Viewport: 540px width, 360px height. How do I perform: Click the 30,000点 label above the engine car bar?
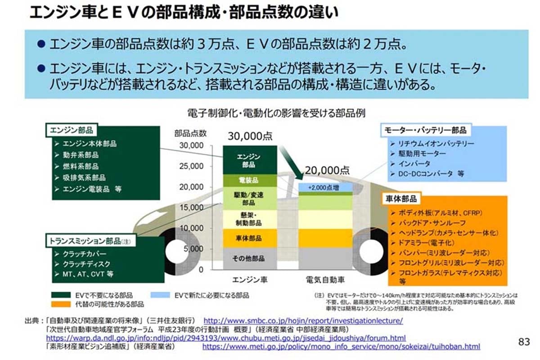pyautogui.click(x=250, y=136)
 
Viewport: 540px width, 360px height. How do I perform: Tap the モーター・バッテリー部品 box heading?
pyautogui.click(x=426, y=130)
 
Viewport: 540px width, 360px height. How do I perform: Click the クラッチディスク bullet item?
pyautogui.click(x=86, y=264)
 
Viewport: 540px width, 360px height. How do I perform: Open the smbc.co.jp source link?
pyautogui.click(x=303, y=321)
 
